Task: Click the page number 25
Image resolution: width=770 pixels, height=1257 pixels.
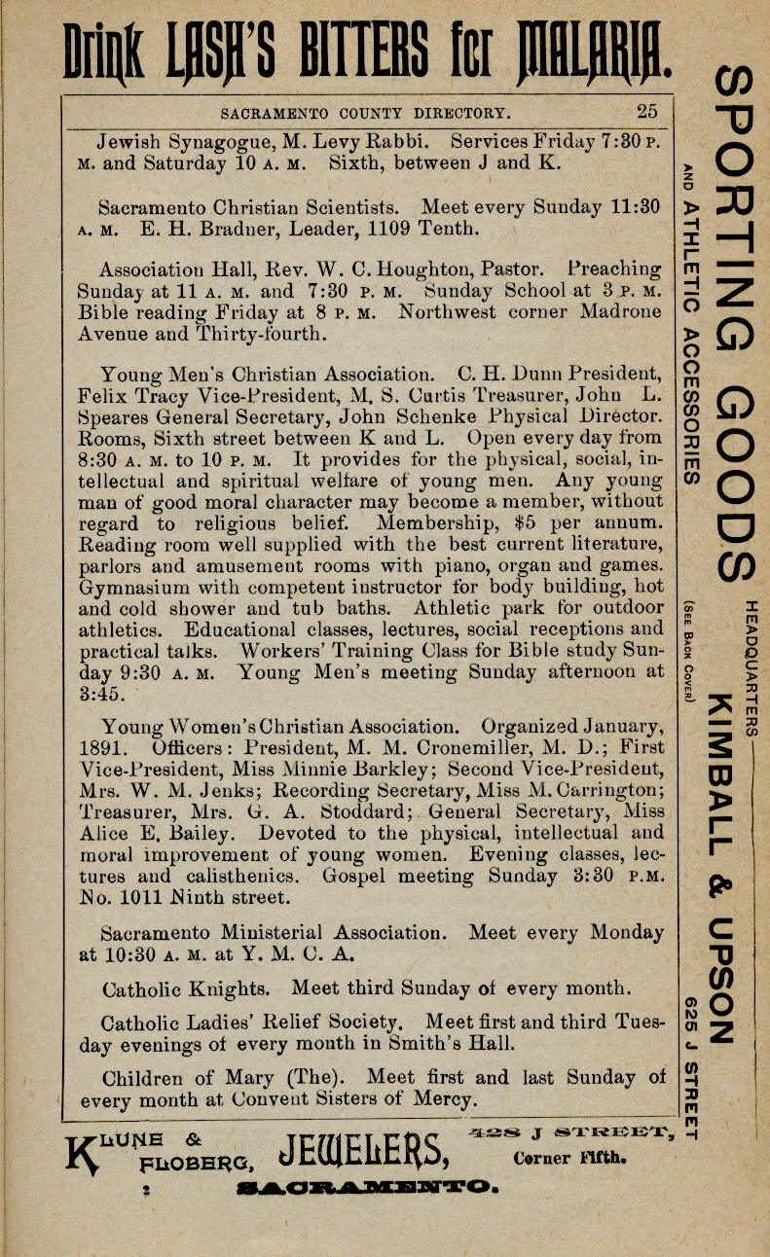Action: [x=648, y=110]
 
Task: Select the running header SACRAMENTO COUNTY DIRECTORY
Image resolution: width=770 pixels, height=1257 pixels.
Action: [x=364, y=112]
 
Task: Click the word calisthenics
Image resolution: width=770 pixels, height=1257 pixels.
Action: [x=250, y=876]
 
